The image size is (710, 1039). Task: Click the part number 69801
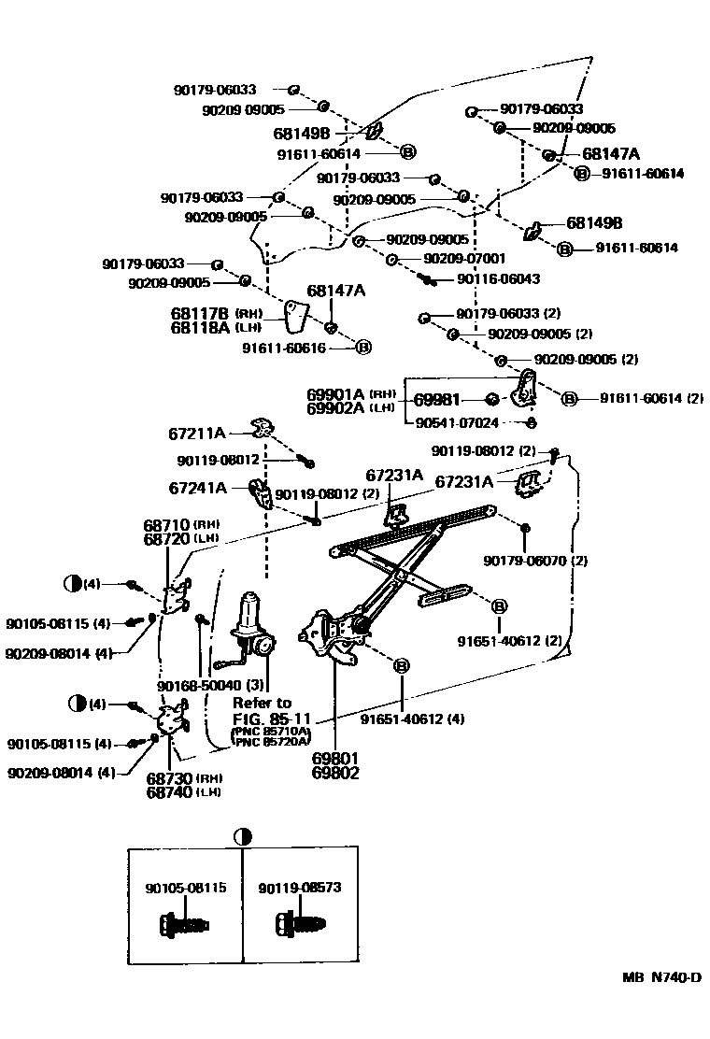point(334,759)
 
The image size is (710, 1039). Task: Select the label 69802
point(334,773)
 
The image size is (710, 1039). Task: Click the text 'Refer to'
point(263,703)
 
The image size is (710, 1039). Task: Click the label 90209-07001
point(463,259)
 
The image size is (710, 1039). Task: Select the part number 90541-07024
point(456,422)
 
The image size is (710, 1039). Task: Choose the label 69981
point(437,399)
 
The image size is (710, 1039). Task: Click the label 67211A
point(197,433)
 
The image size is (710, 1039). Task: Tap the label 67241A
point(197,487)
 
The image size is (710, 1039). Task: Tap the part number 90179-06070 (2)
point(535,561)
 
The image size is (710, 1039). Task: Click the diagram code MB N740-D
point(661,978)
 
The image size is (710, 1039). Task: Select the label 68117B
point(201,313)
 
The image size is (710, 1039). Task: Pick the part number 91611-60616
point(283,347)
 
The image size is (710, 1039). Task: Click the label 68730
point(168,778)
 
